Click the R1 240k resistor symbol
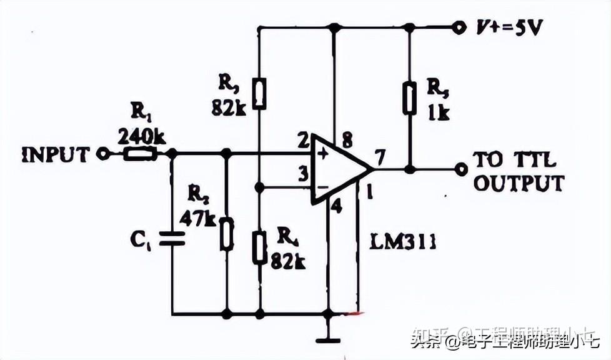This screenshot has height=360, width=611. tap(139, 154)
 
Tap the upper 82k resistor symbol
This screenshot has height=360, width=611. tap(259, 94)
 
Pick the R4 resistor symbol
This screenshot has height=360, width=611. tap(259, 246)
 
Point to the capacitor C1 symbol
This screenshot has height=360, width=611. tap(172, 237)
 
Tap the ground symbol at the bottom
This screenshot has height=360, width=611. tap(328, 339)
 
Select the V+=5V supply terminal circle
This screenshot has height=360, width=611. tap(460, 27)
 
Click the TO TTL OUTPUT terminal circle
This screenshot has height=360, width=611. tap(461, 169)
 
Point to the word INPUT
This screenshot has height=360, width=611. tap(54, 154)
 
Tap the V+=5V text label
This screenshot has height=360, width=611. tap(507, 27)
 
